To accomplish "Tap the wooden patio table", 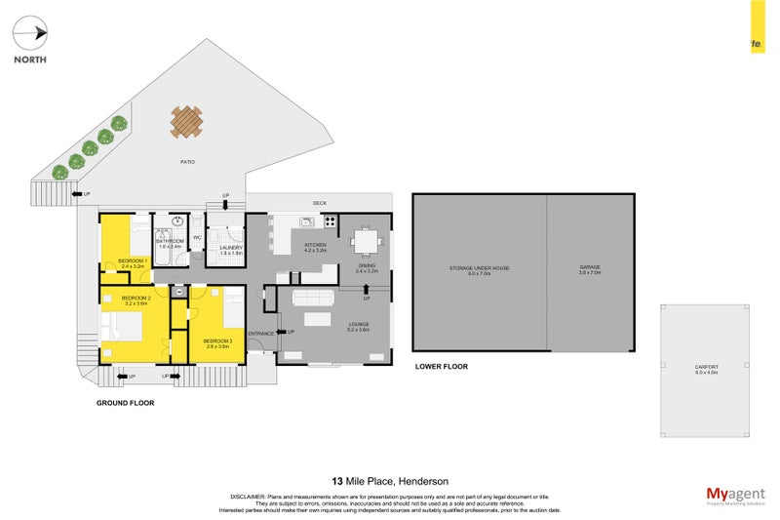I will point(186,122).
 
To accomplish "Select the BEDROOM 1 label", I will point(133,261).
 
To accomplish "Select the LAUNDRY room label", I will point(230,248).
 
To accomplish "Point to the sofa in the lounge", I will point(313,299).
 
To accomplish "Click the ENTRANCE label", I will point(260,334).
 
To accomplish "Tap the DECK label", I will point(319,203).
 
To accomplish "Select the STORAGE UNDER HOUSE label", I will point(479,267).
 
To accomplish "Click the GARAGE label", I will point(591,267).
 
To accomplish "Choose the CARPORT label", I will point(706,368).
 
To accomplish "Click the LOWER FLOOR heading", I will point(442,367).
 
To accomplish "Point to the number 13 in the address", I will point(337,481).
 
